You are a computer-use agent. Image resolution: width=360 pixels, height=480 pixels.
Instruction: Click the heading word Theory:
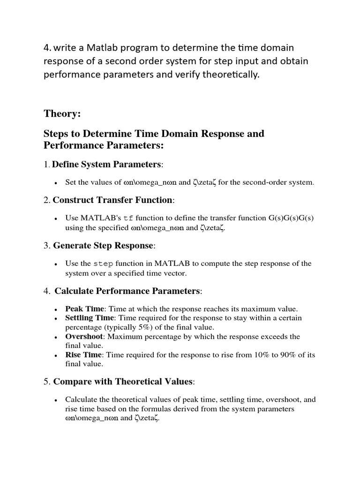point(62,113)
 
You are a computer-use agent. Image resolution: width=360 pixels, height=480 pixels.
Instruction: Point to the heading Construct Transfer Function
point(112,200)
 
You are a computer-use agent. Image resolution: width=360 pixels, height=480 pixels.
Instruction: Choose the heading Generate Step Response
point(103,245)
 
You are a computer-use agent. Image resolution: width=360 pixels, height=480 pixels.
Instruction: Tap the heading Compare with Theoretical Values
point(123,382)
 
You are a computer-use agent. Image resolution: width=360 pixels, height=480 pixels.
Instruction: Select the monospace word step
point(104,263)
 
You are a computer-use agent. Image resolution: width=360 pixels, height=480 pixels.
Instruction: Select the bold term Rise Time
point(82,355)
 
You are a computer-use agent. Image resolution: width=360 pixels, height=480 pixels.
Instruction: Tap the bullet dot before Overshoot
point(56,337)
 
